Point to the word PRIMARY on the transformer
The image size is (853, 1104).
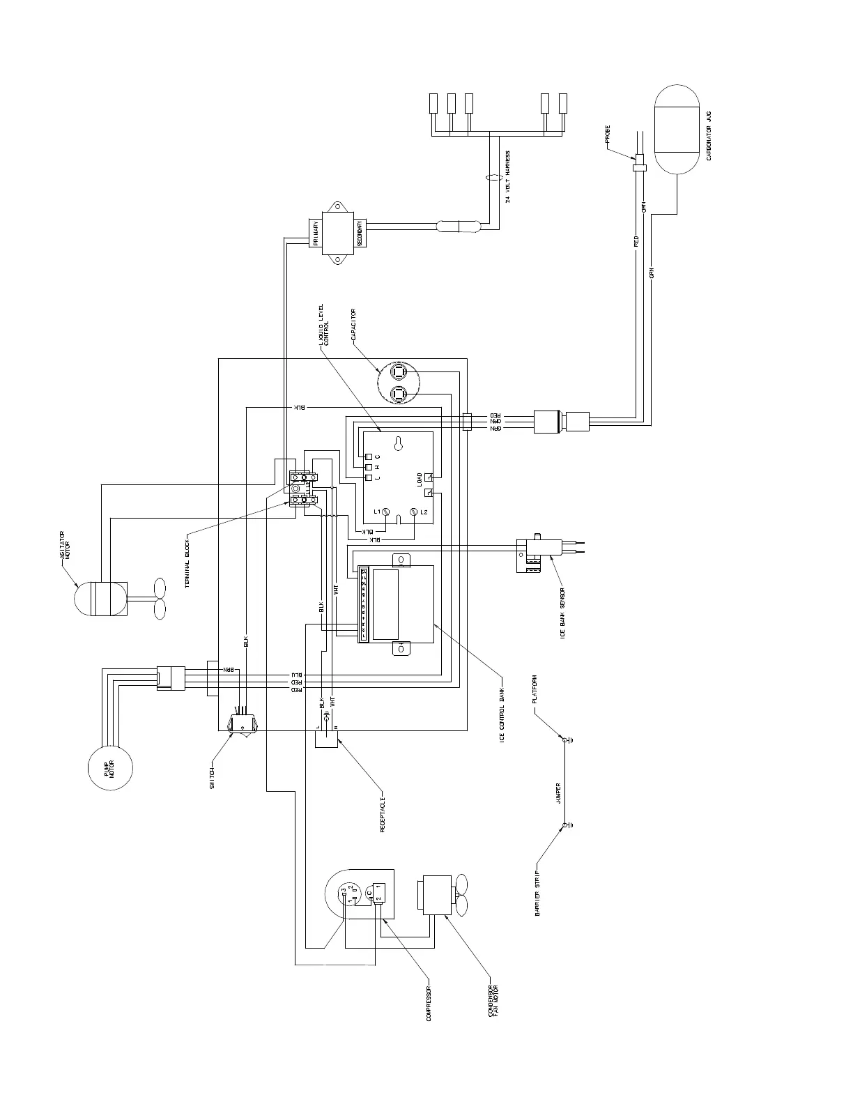click(315, 233)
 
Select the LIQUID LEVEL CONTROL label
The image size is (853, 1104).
click(323, 328)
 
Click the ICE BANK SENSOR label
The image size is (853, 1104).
click(562, 613)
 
